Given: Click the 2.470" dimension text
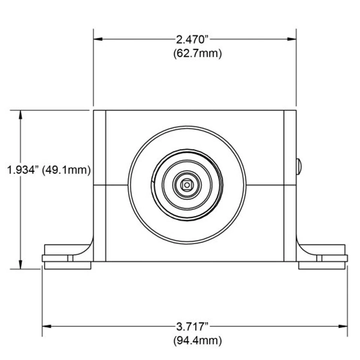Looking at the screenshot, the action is [x=192, y=39].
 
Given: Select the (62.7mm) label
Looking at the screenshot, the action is [x=198, y=54].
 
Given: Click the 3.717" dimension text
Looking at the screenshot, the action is [x=192, y=327].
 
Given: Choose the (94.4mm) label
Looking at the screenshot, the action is [x=198, y=340].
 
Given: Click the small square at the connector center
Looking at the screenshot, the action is [x=187, y=185].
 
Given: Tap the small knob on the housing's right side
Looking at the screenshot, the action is [x=299, y=166].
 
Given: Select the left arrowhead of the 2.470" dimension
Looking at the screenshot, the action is [x=98, y=39].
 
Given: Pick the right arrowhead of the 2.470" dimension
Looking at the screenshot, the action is [x=292, y=39].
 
